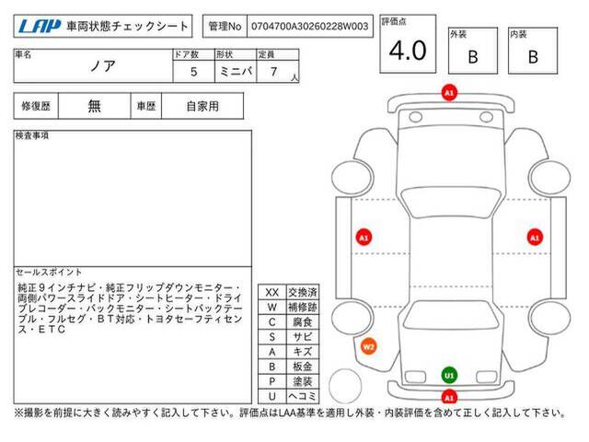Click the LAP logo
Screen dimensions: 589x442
tap(40, 26)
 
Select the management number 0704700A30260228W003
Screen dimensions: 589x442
tap(309, 27)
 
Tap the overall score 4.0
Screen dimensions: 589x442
tap(408, 51)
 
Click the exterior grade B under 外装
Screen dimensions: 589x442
tap(473, 57)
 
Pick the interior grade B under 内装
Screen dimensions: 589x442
tap(533, 57)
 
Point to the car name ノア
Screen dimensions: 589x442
tap(102, 66)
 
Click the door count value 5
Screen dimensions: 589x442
tap(194, 72)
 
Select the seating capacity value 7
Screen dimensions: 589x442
tap(274, 72)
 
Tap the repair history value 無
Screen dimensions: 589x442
tap(94, 106)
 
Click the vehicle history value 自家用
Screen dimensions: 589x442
tap(202, 107)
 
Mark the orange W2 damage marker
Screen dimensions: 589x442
tap(368, 346)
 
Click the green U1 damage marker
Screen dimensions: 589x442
tap(449, 375)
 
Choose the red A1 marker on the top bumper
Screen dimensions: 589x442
tap(449, 92)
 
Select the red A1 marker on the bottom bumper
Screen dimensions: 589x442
tap(449, 397)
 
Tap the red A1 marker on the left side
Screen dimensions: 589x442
tap(364, 238)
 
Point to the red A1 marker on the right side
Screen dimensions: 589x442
tap(535, 238)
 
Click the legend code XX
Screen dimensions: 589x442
tap(272, 293)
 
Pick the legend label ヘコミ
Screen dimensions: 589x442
tap(303, 396)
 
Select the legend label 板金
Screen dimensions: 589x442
tap(303, 366)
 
